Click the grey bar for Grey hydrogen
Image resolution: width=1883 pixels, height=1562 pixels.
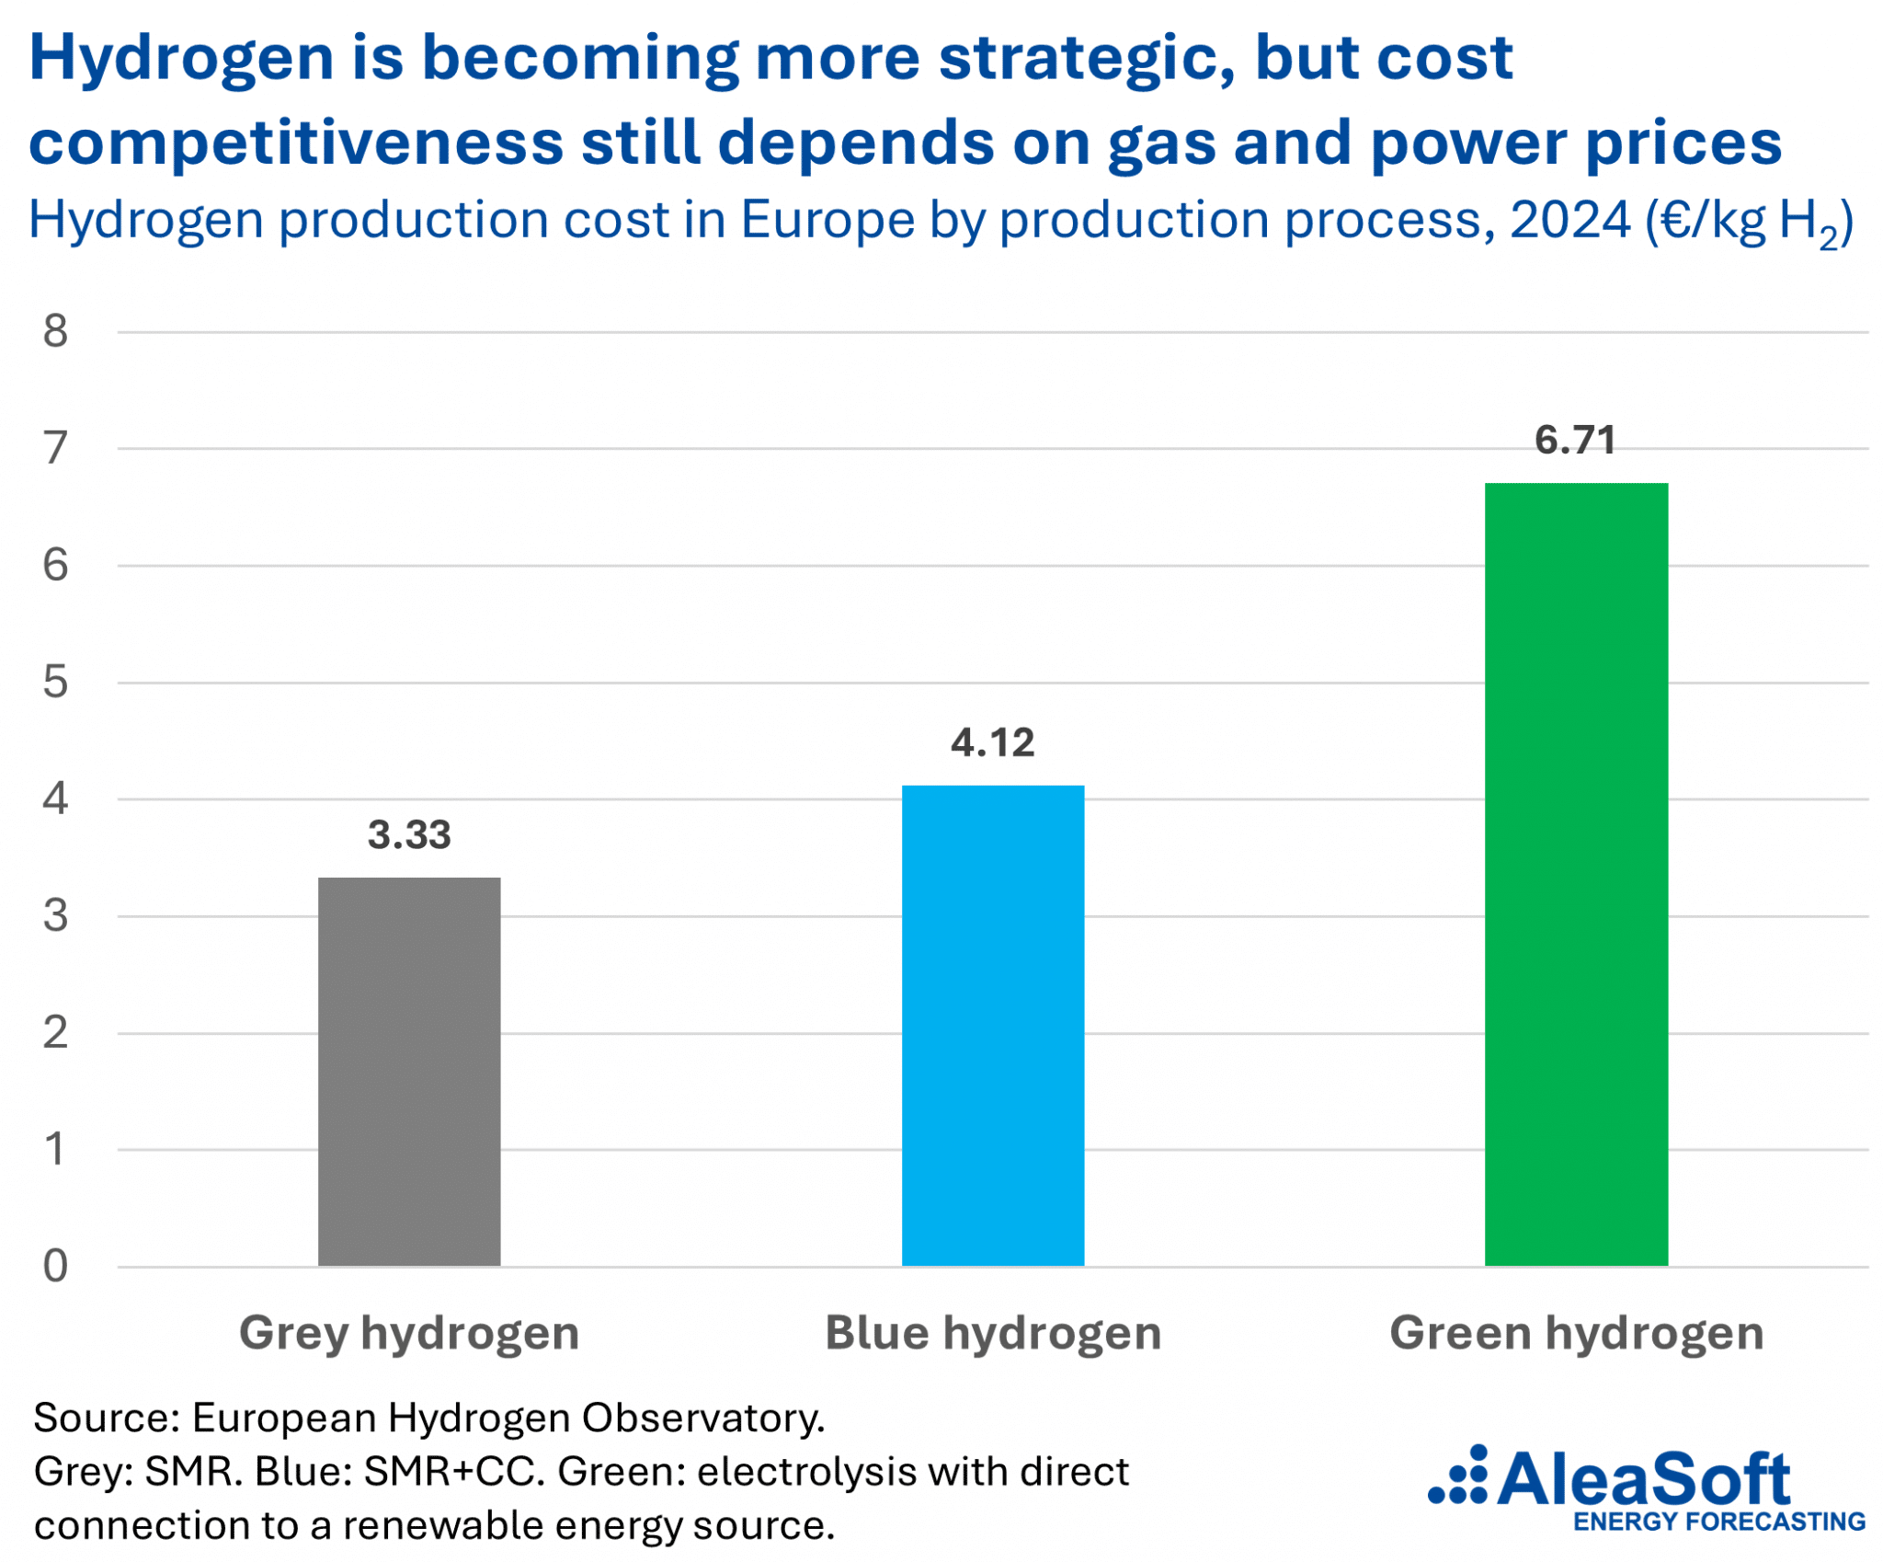409,1071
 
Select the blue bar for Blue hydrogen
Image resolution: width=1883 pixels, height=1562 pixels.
992,1025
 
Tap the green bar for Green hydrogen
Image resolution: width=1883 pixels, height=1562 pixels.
1575,874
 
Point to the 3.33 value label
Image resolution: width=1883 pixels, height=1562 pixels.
409,834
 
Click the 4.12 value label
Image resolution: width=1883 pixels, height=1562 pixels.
992,742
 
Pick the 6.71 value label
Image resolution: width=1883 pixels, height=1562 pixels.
1575,440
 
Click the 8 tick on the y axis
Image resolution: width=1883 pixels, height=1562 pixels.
55,331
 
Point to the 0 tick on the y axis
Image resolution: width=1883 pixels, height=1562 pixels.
55,1266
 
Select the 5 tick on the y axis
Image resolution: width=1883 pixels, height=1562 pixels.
55,682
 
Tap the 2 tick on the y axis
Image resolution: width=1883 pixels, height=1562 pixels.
55,1032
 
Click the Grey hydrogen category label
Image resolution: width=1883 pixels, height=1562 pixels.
409,1333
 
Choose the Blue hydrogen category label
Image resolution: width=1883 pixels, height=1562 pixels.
992,1333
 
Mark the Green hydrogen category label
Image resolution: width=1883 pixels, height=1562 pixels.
1575,1333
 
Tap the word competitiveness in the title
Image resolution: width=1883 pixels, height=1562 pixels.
296,144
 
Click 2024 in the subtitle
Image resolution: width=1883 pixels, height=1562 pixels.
1569,220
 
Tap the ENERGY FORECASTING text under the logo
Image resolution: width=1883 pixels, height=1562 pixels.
1718,1522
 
